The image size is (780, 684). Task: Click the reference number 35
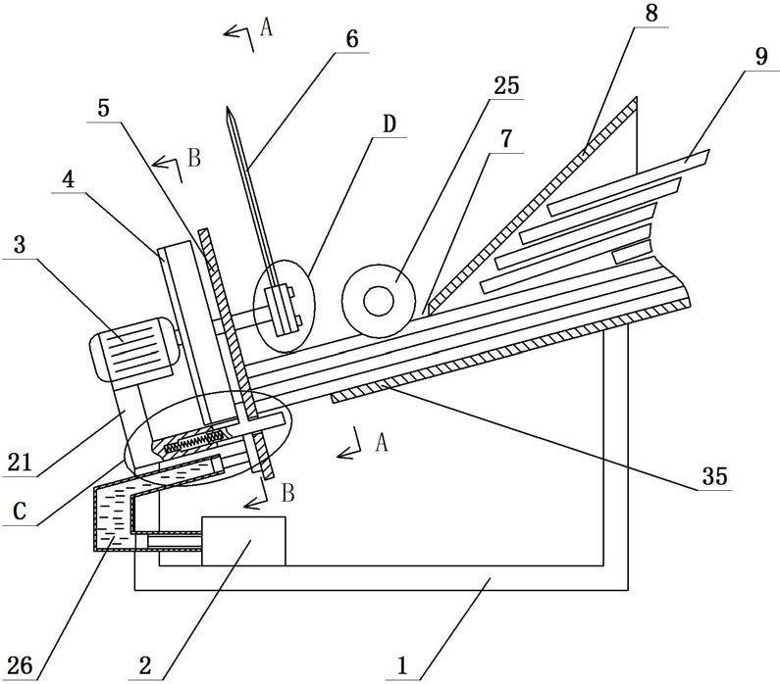[715, 476]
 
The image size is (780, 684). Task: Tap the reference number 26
[20, 665]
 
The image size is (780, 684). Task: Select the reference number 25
[506, 85]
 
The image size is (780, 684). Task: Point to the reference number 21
[20, 463]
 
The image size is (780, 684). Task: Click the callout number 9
[761, 57]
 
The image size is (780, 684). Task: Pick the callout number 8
[651, 14]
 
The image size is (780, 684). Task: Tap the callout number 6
[352, 39]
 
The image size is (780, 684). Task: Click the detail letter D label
[390, 123]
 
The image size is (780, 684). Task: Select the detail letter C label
[20, 511]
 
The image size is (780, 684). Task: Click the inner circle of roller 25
[379, 301]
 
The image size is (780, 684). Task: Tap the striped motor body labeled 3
[134, 349]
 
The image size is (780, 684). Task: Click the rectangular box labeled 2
[243, 541]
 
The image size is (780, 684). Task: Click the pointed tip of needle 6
[228, 107]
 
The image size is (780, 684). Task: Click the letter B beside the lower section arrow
[288, 493]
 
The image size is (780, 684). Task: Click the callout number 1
[402, 665]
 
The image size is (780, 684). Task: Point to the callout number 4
[68, 179]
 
